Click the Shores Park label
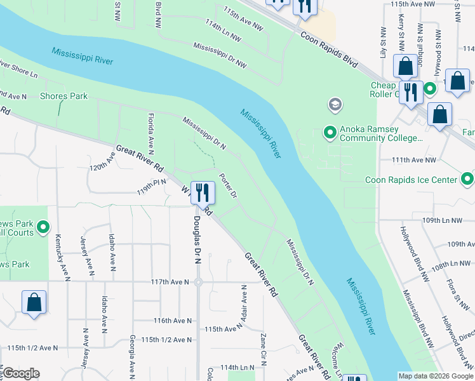click(x=64, y=97)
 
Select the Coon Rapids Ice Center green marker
click(x=468, y=179)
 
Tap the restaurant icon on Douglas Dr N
click(x=202, y=192)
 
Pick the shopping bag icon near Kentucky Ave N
click(x=34, y=302)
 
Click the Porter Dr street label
click(x=228, y=185)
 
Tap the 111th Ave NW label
click(x=413, y=161)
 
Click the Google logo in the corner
click(x=21, y=374)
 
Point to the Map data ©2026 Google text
click(x=435, y=376)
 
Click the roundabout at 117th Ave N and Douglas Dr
click(x=198, y=282)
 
